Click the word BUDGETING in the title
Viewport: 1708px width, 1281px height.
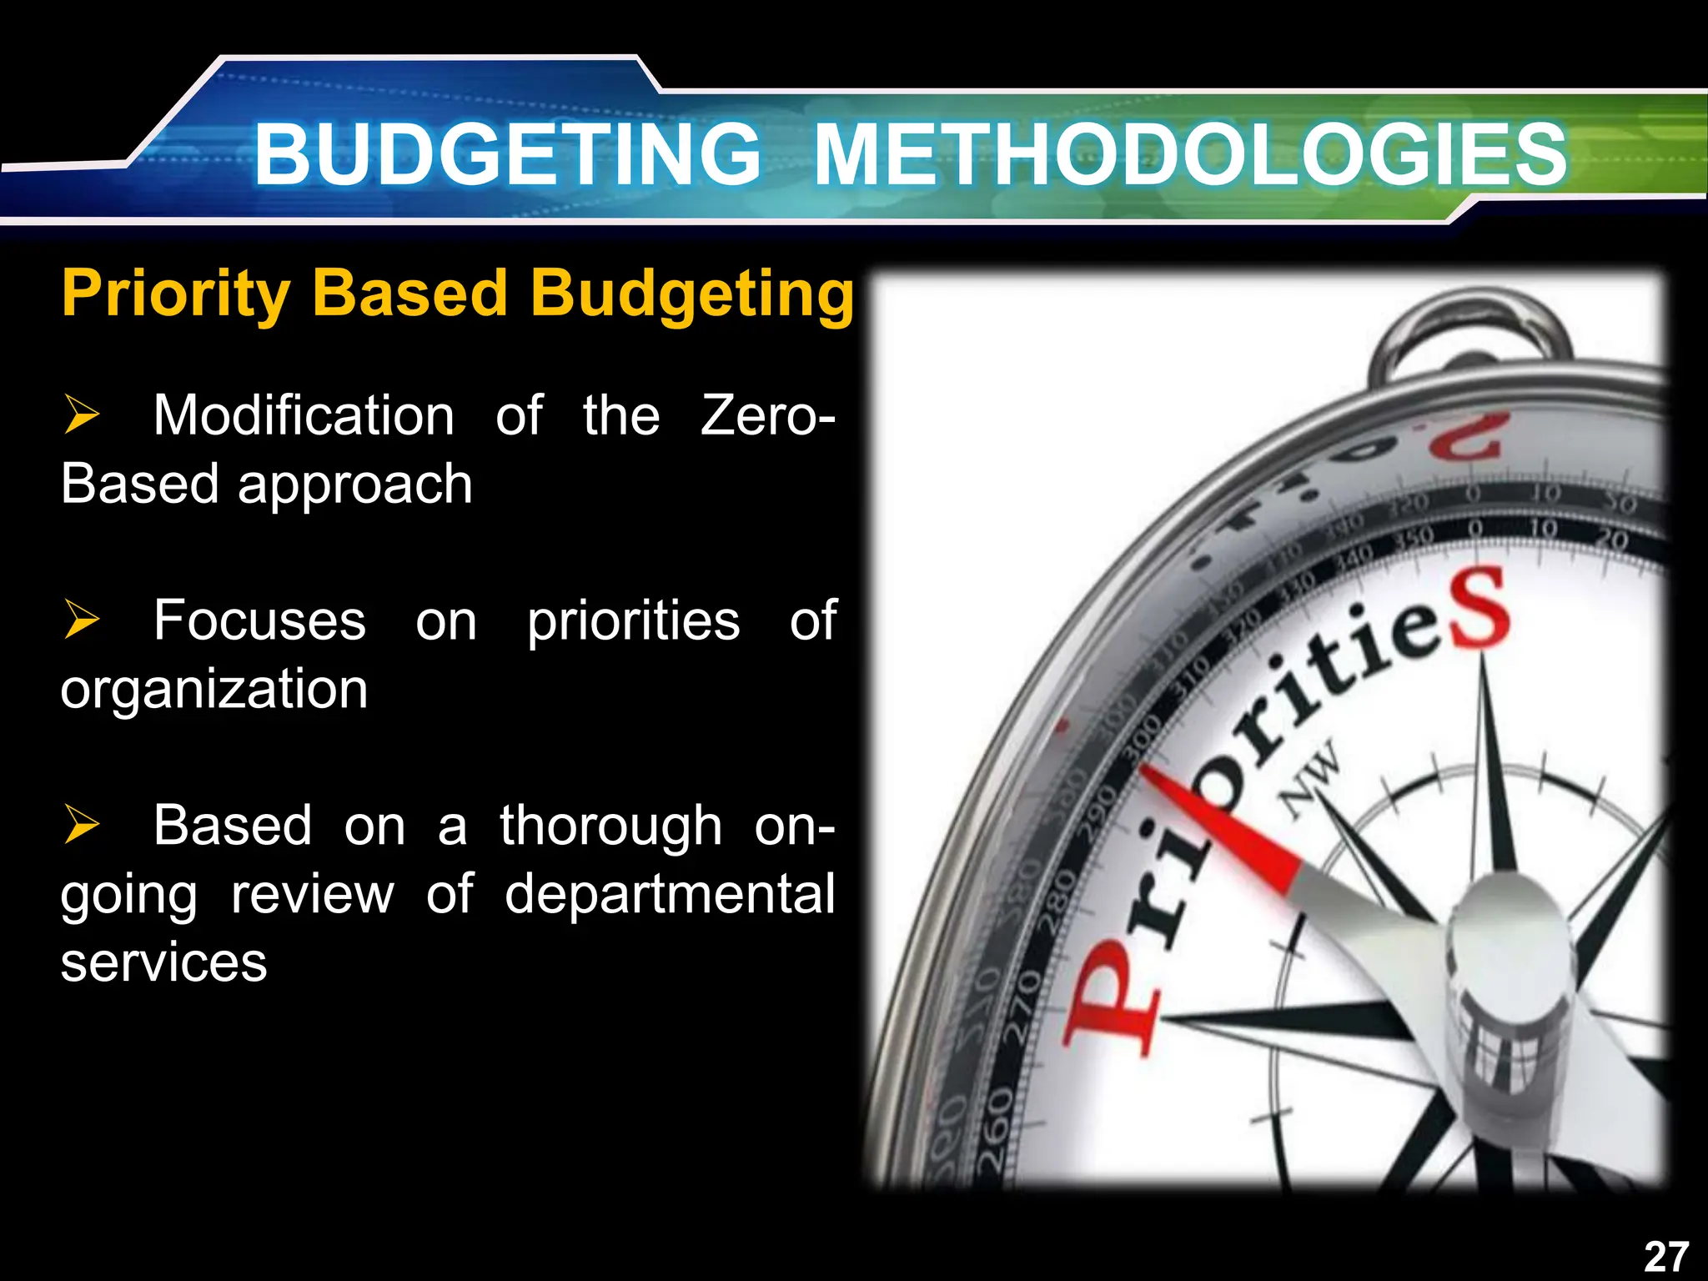coord(507,154)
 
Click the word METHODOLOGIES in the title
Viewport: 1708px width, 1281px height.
coord(1190,154)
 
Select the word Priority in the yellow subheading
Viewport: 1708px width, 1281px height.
coord(175,294)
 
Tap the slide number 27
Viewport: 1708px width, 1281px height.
coord(1665,1256)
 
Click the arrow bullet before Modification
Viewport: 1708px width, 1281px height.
coord(82,415)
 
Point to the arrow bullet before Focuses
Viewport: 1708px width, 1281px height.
coord(82,620)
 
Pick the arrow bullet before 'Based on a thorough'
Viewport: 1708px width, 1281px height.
coord(82,825)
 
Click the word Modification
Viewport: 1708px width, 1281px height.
coord(304,415)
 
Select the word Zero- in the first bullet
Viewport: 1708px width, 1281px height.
coord(767,415)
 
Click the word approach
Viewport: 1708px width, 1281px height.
coord(355,485)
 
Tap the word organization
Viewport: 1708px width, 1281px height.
coord(214,691)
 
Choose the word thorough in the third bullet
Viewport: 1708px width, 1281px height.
coord(610,826)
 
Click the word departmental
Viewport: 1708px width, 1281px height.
coord(670,894)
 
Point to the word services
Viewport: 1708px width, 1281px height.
coord(163,962)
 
